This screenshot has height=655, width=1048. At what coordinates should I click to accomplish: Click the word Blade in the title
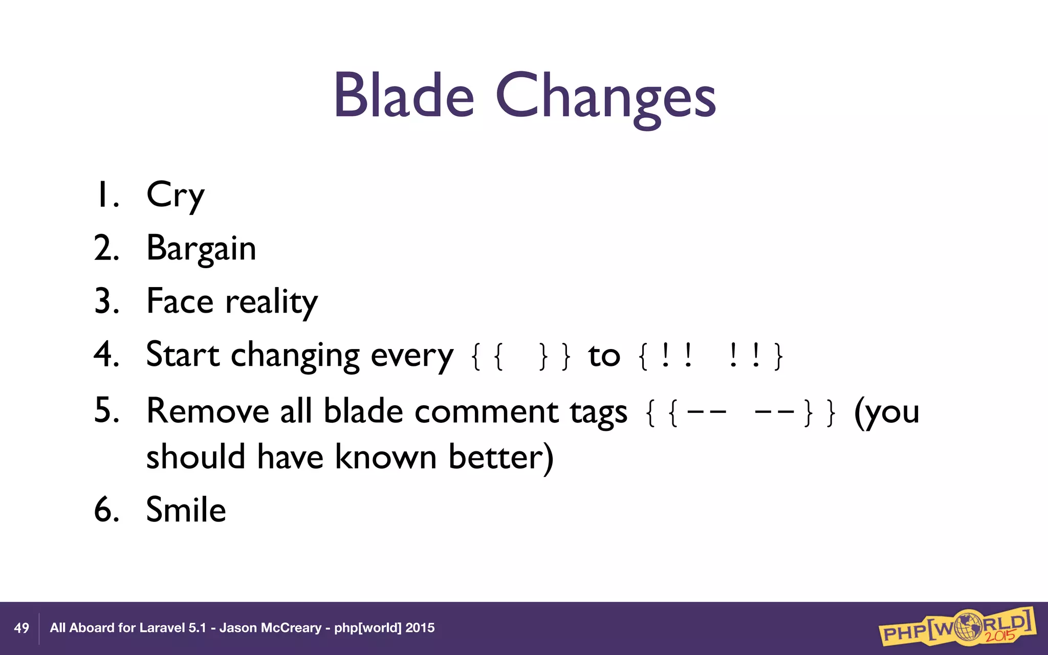pyautogui.click(x=404, y=96)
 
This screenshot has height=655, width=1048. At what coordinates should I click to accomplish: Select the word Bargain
pyautogui.click(x=201, y=249)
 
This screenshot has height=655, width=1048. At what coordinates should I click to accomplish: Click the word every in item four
pyautogui.click(x=412, y=356)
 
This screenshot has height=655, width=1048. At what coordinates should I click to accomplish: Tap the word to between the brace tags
pyautogui.click(x=604, y=356)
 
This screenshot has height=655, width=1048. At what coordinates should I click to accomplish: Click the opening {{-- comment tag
pyautogui.click(x=686, y=412)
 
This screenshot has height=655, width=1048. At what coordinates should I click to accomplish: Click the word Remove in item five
pyautogui.click(x=207, y=411)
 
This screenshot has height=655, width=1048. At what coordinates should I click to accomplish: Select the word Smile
pyautogui.click(x=186, y=510)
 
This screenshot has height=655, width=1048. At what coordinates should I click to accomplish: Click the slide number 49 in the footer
pyautogui.click(x=21, y=628)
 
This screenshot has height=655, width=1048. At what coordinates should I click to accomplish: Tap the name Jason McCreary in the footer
pyautogui.click(x=270, y=628)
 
